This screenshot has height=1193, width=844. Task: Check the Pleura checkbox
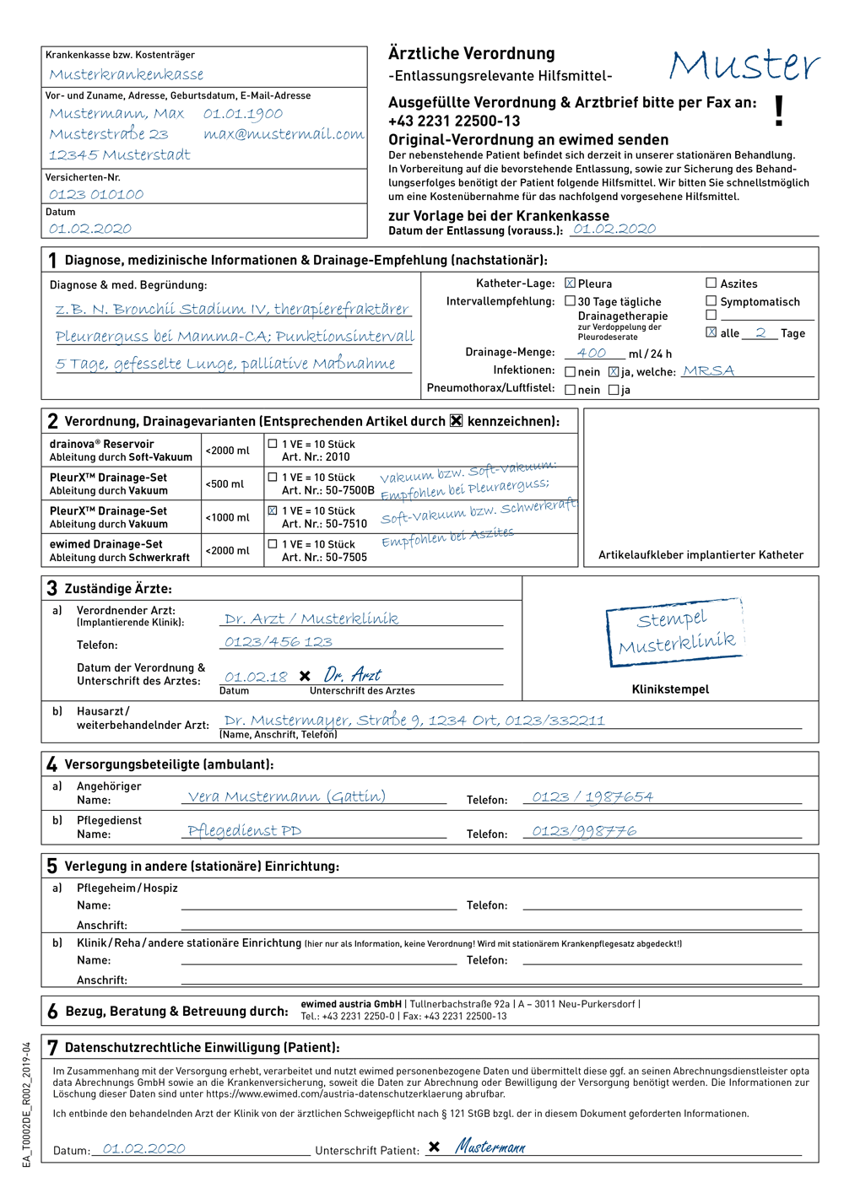tap(571, 283)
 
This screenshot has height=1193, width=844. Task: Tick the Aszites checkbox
tap(711, 283)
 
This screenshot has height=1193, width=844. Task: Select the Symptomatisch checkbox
tap(711, 301)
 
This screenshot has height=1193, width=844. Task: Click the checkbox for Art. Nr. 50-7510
tap(273, 510)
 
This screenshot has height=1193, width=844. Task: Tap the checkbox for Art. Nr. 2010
tap(273, 444)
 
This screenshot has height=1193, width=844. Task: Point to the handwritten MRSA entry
tap(709, 371)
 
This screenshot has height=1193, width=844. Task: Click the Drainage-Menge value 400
tap(592, 354)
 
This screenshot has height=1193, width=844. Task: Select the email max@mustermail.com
tap(284, 134)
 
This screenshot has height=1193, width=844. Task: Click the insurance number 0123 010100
tap(96, 195)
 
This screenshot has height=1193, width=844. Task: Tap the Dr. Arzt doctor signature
tap(353, 675)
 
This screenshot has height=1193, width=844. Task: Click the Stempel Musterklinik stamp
tap(675, 632)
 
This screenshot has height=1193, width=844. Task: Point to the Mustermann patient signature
tap(490, 1147)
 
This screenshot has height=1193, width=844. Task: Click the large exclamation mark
tap(779, 111)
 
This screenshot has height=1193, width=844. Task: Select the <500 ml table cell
tap(225, 484)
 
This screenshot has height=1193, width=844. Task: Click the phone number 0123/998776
tap(584, 831)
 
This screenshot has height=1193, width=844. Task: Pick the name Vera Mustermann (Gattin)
tap(286, 796)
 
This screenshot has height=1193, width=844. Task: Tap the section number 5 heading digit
tap(52, 866)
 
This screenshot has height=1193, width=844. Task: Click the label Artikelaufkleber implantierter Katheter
tap(701, 555)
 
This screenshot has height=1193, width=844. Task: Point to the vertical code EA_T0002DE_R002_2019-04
tap(27, 1104)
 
